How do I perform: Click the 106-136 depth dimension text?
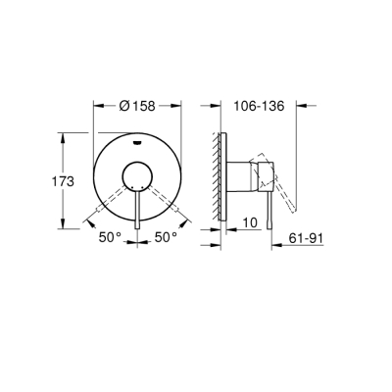pyautogui.click(x=262, y=107)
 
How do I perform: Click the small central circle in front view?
pyautogui.click(x=136, y=176)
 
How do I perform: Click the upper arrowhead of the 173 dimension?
pyautogui.click(x=67, y=134)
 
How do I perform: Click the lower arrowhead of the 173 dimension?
pyautogui.click(x=67, y=225)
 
